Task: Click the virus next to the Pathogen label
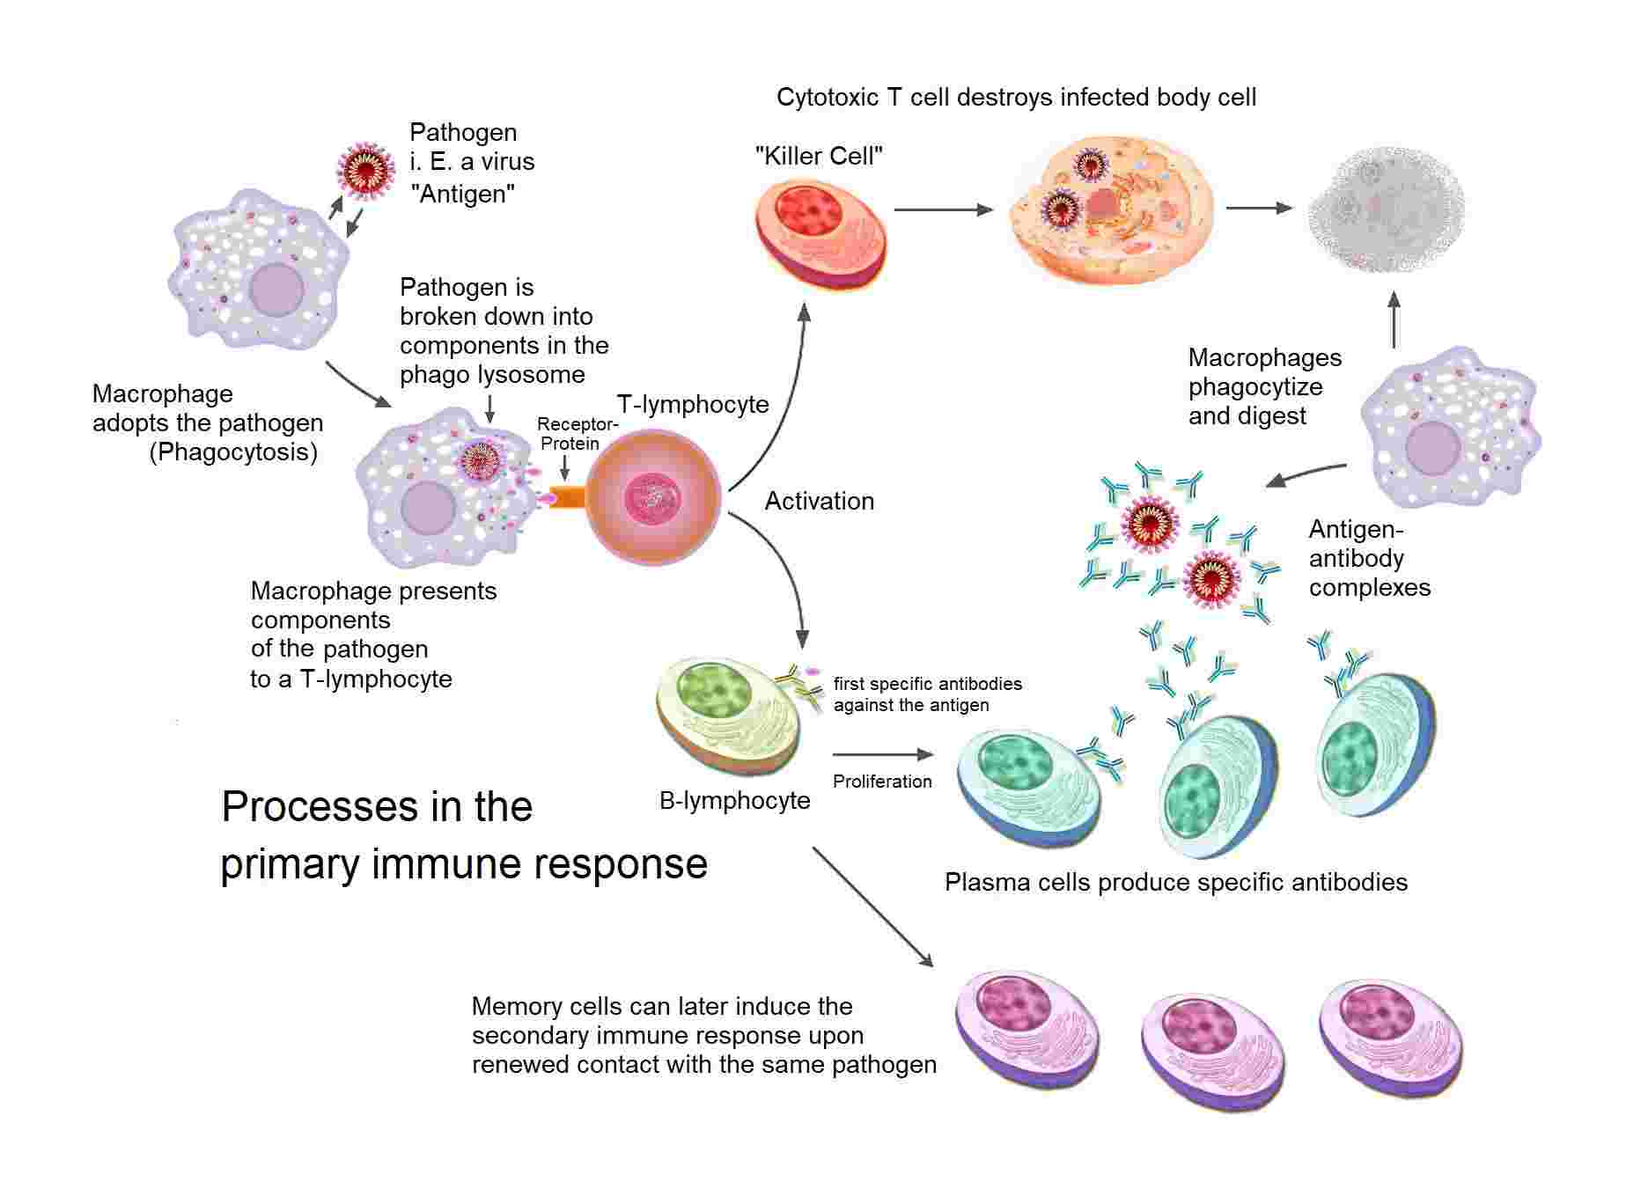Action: (x=365, y=172)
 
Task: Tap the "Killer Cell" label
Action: (x=819, y=157)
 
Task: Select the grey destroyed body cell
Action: (x=1386, y=209)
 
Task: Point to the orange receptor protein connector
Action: (x=567, y=496)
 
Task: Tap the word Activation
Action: (x=819, y=501)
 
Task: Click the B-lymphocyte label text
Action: (x=734, y=800)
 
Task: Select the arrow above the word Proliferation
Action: (x=881, y=754)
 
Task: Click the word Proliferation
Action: (x=881, y=782)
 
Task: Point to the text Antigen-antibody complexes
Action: (x=1368, y=558)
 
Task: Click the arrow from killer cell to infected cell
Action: (x=942, y=209)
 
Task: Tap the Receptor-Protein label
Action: (x=577, y=434)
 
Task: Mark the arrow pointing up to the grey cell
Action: (x=1394, y=320)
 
